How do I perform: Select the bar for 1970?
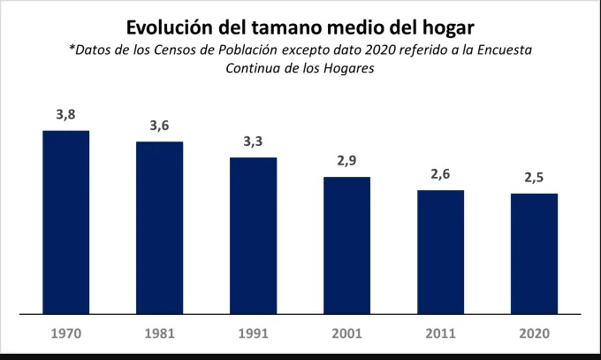[66, 222]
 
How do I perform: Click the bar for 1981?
[159, 227]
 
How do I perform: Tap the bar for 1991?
[254, 235]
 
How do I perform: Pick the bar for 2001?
[346, 245]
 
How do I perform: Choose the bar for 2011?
[440, 251]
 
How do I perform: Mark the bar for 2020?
[534, 253]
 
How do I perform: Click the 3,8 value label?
[66, 115]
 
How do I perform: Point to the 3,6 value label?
[159, 126]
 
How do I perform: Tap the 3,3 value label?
[254, 142]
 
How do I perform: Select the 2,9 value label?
[346, 161]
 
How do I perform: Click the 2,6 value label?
[440, 174]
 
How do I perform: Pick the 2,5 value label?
[534, 178]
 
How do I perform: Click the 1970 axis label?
[66, 334]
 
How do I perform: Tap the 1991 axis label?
[254, 334]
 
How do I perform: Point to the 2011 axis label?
[440, 334]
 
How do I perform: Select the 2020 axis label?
[534, 334]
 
